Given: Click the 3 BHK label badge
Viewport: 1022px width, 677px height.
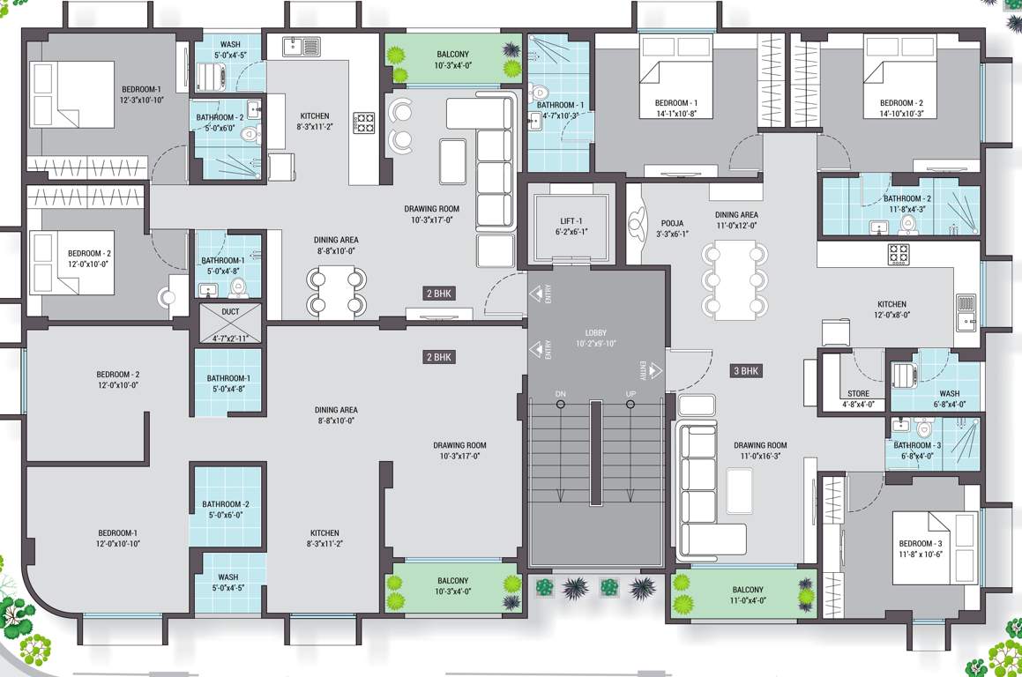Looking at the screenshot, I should [x=746, y=371].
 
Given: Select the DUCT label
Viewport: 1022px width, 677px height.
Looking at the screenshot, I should [x=230, y=311].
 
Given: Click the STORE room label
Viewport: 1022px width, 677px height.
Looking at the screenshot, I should [x=858, y=394].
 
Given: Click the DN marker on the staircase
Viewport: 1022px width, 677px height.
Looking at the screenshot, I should [x=560, y=393].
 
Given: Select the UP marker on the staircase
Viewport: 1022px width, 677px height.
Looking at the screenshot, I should [x=630, y=393].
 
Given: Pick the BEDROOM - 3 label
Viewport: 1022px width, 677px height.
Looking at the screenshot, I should [x=921, y=543].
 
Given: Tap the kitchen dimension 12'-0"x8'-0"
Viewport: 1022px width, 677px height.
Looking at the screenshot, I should [x=891, y=314].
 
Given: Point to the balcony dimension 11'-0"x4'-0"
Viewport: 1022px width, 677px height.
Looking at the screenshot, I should [x=747, y=601].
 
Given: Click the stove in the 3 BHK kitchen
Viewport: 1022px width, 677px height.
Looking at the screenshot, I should [x=898, y=254].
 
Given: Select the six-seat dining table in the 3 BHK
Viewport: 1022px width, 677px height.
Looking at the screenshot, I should [x=733, y=279].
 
